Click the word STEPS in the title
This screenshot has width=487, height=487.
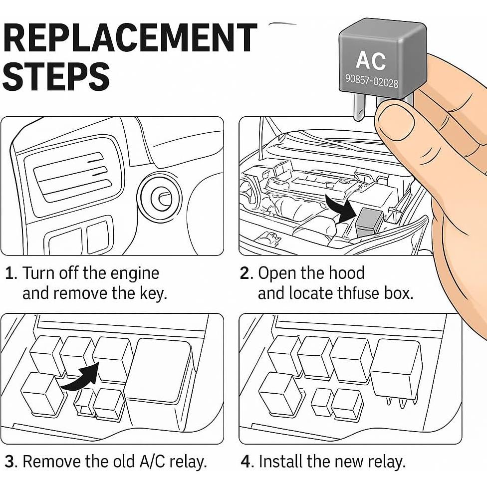(59, 76)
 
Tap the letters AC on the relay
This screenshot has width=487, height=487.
(371, 60)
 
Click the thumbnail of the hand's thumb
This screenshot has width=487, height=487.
(394, 120)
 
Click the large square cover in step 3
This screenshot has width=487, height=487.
(159, 370)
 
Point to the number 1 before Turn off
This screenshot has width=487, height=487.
(10, 273)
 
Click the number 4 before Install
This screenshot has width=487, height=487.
(246, 462)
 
